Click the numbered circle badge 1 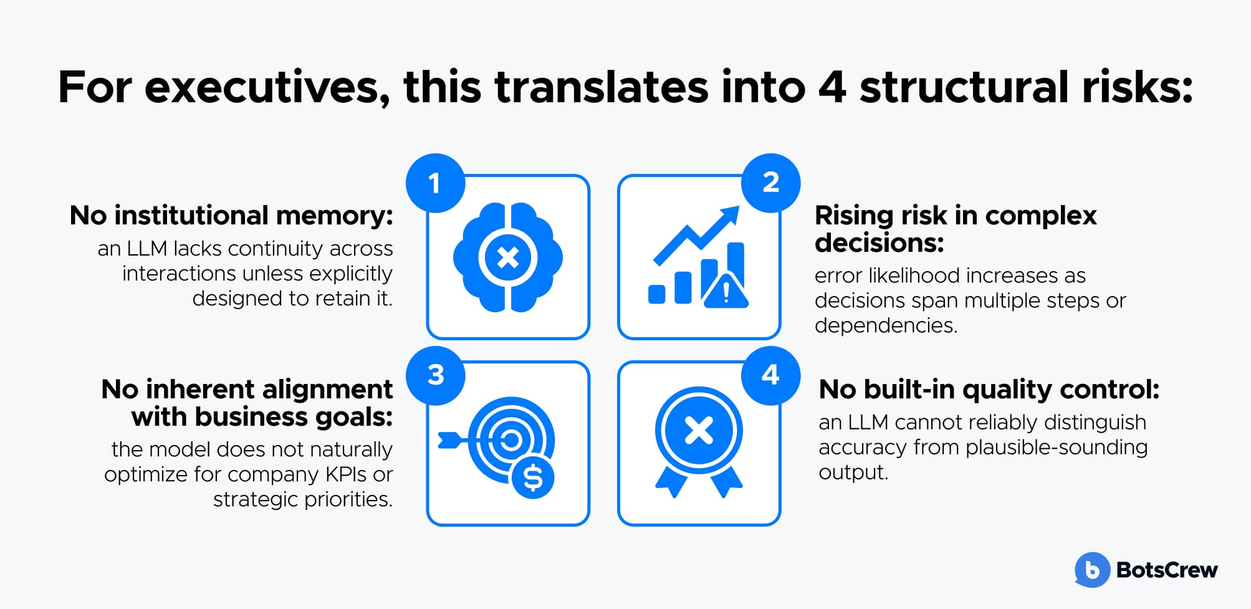pyautogui.click(x=435, y=183)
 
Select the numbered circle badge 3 pyautogui.click(x=435, y=375)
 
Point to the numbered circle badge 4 pyautogui.click(x=771, y=375)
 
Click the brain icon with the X pyautogui.click(x=508, y=257)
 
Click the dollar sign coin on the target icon pyautogui.click(x=533, y=477)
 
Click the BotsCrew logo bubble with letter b pyautogui.click(x=1092, y=570)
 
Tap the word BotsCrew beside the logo pyautogui.click(x=1167, y=570)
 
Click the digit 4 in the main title pyautogui.click(x=832, y=87)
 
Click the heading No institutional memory pyautogui.click(x=231, y=216)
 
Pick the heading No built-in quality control pyautogui.click(x=989, y=390)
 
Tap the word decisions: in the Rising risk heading pyautogui.click(x=880, y=243)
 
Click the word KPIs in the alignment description pyautogui.click(x=346, y=474)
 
